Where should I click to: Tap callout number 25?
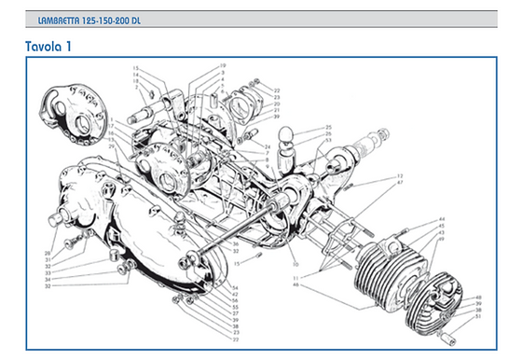[x=329, y=127]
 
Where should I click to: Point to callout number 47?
[x=400, y=182]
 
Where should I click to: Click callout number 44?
[x=441, y=219]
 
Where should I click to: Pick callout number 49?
[x=441, y=240]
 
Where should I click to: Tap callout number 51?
[x=479, y=316]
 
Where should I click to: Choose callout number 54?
[x=235, y=290]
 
